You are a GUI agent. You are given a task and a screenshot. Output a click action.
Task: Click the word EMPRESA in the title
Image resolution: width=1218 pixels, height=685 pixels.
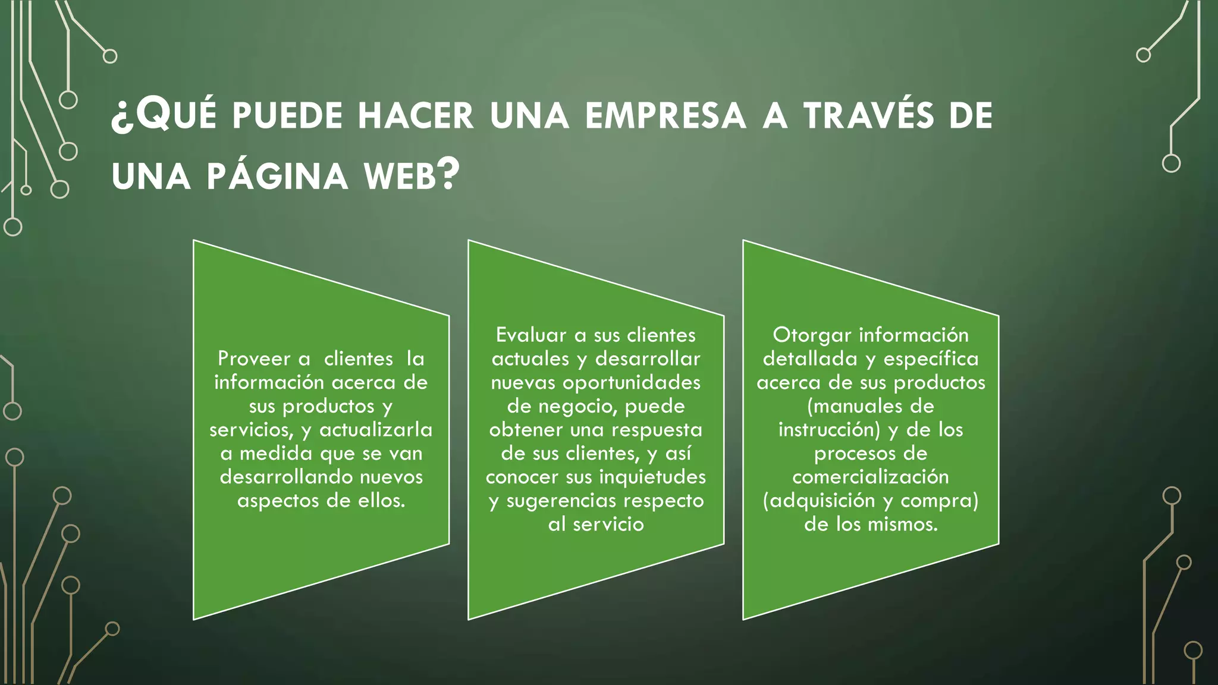665,115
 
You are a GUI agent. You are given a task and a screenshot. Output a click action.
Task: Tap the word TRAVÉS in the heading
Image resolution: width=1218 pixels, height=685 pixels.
868,115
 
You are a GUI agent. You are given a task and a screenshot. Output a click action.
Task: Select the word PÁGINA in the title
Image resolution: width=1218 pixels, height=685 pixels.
277,177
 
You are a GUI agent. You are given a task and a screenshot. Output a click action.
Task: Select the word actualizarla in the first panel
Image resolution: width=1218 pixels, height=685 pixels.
376,429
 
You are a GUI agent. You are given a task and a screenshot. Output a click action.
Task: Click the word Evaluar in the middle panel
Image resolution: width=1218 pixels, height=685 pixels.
530,335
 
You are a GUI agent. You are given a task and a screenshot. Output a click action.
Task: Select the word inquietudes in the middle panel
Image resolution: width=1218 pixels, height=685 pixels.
652,477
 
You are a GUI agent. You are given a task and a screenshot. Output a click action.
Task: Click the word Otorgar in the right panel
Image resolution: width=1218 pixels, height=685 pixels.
812,335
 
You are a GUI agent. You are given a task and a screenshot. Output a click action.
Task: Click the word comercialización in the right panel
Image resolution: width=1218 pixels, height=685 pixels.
871,477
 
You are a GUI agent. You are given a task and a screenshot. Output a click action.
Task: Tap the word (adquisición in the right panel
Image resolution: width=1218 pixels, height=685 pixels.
819,501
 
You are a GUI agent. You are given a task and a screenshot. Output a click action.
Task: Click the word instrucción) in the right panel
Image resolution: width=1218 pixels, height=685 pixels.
829,429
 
